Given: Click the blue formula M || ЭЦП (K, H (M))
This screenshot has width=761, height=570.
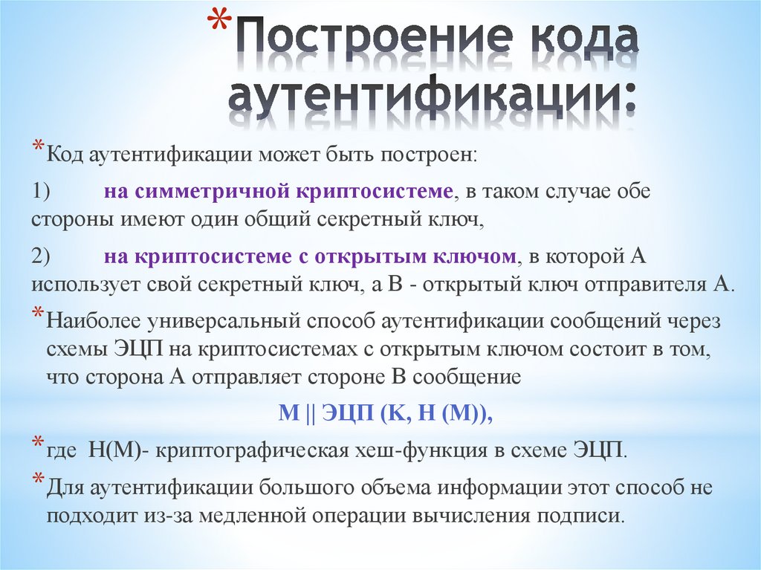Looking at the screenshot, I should (x=386, y=415).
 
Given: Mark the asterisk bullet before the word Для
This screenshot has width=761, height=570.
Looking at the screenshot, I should (x=37, y=482).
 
